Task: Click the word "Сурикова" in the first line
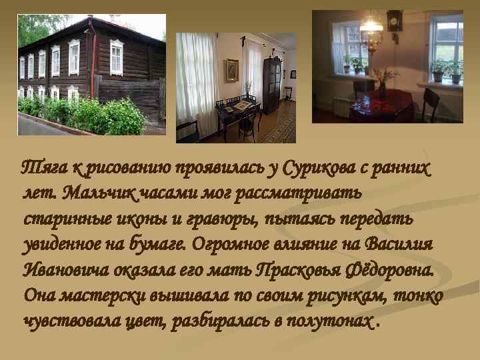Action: point(316,168)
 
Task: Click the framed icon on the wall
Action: point(231,70)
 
